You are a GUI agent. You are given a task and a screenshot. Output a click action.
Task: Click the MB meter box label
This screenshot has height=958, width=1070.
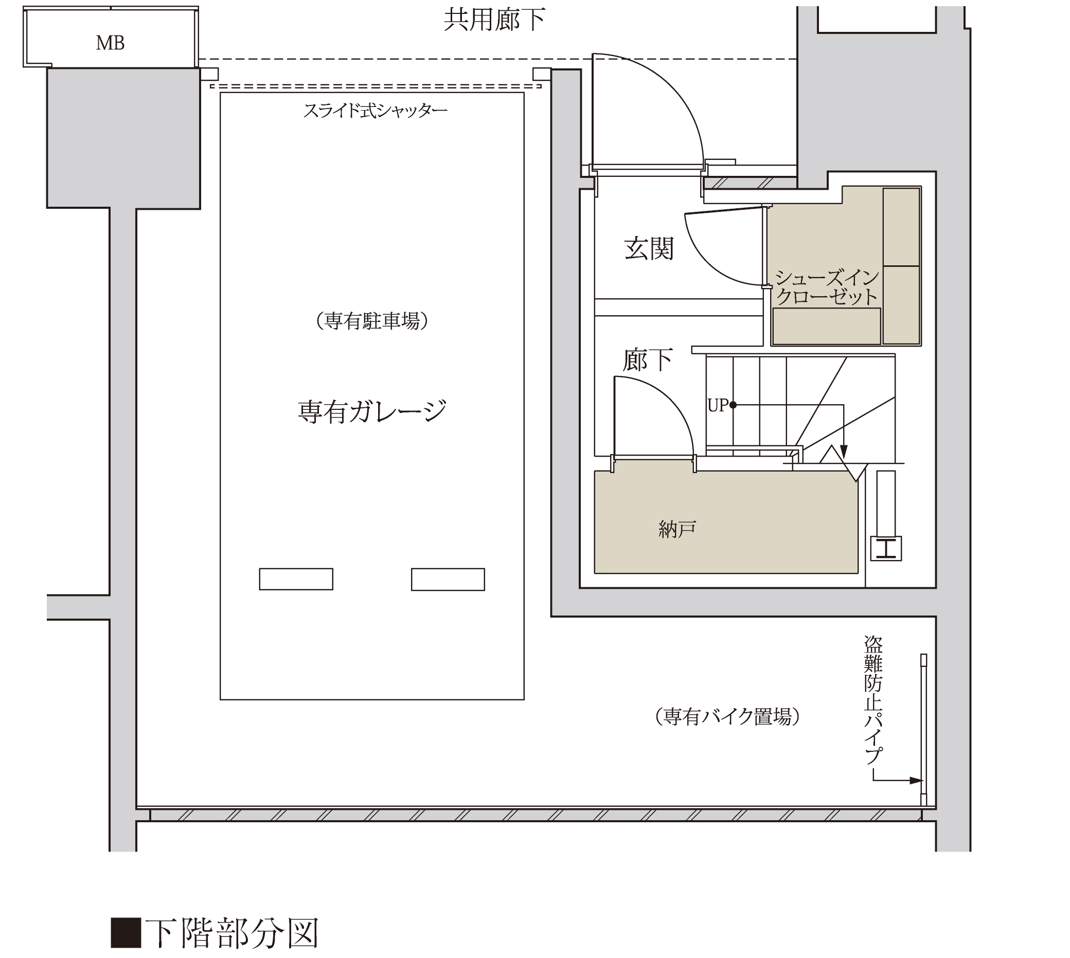pyautogui.click(x=110, y=43)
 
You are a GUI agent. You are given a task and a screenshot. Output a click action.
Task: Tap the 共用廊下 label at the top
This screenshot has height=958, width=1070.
pyautogui.click(x=494, y=20)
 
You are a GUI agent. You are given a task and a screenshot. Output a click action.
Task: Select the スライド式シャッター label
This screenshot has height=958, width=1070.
pyautogui.click(x=375, y=111)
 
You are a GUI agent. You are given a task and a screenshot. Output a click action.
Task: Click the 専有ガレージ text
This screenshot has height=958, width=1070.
pyautogui.click(x=372, y=411)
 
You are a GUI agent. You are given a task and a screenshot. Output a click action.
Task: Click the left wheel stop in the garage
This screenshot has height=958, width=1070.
pyautogui.click(x=296, y=579)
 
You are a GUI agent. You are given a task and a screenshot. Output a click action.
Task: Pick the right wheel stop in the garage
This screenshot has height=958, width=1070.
pyautogui.click(x=448, y=579)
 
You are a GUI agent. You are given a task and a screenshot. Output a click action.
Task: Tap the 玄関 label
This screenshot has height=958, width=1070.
pyautogui.click(x=649, y=248)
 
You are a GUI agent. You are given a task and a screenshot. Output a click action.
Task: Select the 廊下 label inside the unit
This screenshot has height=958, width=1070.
pyautogui.click(x=648, y=360)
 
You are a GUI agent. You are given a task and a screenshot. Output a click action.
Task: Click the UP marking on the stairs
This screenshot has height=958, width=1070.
pyautogui.click(x=717, y=405)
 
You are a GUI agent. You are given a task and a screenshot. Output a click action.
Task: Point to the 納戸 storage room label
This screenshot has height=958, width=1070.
pyautogui.click(x=677, y=529)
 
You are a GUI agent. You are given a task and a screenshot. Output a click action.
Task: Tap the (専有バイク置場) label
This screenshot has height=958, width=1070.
pyautogui.click(x=727, y=716)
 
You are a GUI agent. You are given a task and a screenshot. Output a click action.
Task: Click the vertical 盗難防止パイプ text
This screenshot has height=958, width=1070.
pyautogui.click(x=872, y=700)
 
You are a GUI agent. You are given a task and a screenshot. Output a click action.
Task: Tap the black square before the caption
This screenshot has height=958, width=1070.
pyautogui.click(x=126, y=933)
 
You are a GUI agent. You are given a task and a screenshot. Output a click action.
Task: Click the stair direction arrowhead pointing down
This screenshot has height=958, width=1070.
pyautogui.click(x=844, y=451)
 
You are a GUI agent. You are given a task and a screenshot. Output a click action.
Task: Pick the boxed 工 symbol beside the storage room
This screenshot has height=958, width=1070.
pyautogui.click(x=886, y=549)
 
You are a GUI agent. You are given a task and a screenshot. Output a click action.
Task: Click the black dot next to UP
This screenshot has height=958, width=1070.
pyautogui.click(x=733, y=405)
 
